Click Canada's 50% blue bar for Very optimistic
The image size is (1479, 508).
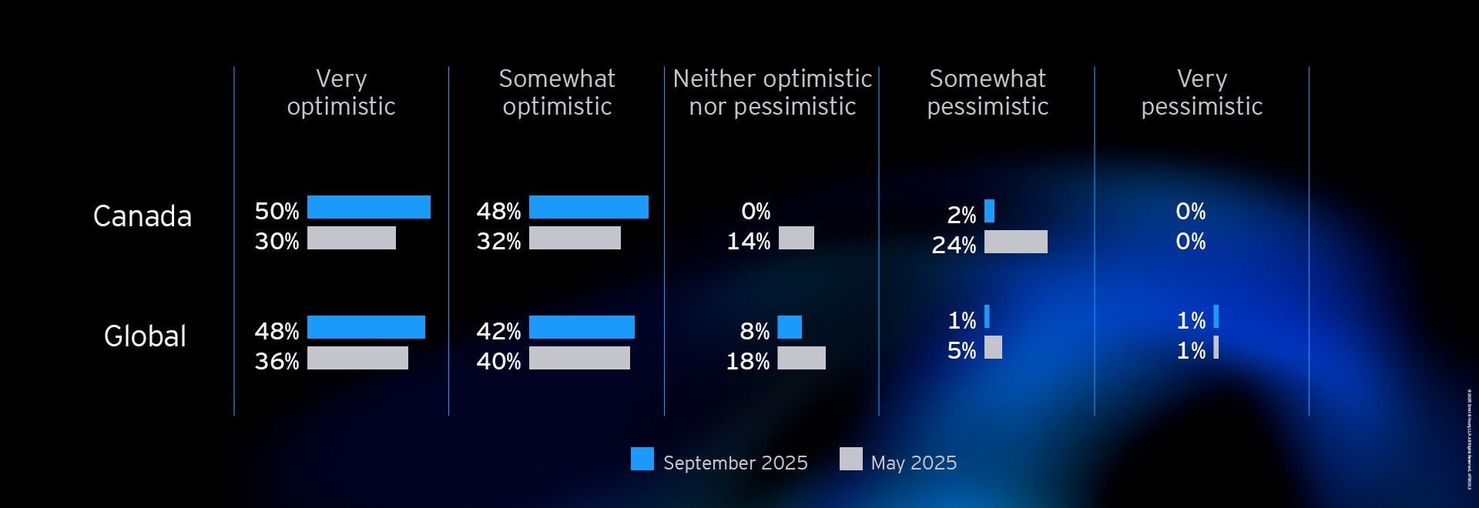click(x=368, y=207)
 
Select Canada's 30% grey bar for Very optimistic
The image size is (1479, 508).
click(x=351, y=238)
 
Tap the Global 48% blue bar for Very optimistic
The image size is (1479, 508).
click(x=366, y=327)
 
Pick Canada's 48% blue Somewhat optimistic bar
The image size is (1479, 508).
click(x=589, y=207)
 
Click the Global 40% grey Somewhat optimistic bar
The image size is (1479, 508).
click(x=579, y=358)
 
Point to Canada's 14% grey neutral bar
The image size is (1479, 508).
click(x=796, y=238)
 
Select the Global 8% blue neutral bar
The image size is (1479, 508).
click(x=790, y=327)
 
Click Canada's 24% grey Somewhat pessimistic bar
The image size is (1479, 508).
click(x=1015, y=242)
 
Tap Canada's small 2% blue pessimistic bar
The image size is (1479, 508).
click(x=989, y=211)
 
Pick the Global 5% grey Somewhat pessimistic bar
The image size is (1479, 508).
click(x=993, y=347)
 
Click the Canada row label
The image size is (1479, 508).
click(x=143, y=216)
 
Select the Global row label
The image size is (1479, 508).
click(x=145, y=336)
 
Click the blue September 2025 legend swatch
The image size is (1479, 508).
click(x=642, y=459)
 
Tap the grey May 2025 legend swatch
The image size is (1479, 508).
click(x=850, y=459)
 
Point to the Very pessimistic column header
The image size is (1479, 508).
click(x=1202, y=92)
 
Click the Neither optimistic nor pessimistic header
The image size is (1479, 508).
click(x=772, y=92)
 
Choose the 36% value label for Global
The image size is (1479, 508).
click(x=277, y=361)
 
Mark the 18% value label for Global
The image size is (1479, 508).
click(x=747, y=361)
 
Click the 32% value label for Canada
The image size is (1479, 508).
click(x=498, y=241)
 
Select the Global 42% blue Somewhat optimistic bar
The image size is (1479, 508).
click(x=582, y=327)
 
